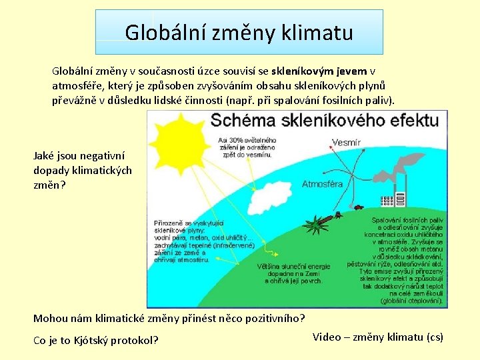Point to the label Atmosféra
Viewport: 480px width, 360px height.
[323, 184]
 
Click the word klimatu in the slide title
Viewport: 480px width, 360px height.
[317, 32]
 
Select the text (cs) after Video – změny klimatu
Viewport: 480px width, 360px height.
[435, 337]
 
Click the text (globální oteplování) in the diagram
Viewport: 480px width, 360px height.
[411, 301]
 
